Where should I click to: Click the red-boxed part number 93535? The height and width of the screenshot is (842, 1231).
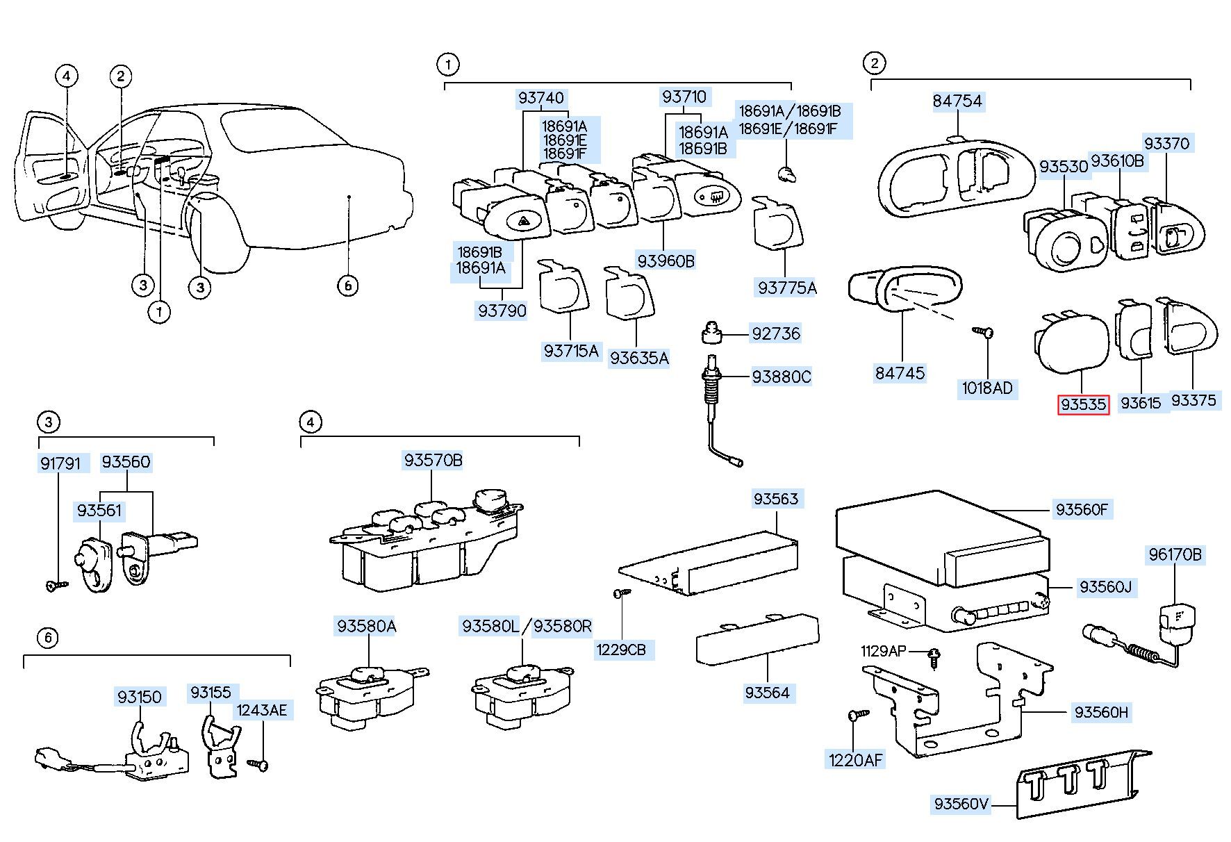pyautogui.click(x=1083, y=404)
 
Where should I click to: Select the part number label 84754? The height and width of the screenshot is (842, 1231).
pyautogui.click(x=957, y=101)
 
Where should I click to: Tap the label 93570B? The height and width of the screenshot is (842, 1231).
pyautogui.click(x=433, y=461)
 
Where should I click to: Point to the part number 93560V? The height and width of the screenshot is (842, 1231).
pyautogui.click(x=961, y=804)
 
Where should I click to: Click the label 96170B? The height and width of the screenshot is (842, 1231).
pyautogui.click(x=1175, y=555)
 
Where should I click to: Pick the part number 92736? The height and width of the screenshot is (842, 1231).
pyautogui.click(x=776, y=334)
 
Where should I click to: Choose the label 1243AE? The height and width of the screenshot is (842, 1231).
pyautogui.click(x=261, y=710)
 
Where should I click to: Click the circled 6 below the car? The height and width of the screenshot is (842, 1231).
pyautogui.click(x=347, y=285)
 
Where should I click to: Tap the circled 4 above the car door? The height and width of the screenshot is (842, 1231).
pyautogui.click(x=67, y=76)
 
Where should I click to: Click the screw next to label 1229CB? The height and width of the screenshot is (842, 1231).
pyautogui.click(x=620, y=593)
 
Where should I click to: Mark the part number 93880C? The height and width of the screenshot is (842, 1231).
pyautogui.click(x=782, y=377)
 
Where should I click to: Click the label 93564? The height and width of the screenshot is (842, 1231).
pyautogui.click(x=767, y=693)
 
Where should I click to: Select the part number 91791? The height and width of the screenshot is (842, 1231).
pyautogui.click(x=60, y=463)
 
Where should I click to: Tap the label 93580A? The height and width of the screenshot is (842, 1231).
pyautogui.click(x=366, y=627)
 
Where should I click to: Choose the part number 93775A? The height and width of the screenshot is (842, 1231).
pyautogui.click(x=787, y=288)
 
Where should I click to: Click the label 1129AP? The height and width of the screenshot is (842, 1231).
pyautogui.click(x=883, y=651)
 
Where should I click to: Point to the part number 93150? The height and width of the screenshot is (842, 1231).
pyautogui.click(x=139, y=697)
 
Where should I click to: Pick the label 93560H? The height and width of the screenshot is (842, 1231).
pyautogui.click(x=1101, y=712)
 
